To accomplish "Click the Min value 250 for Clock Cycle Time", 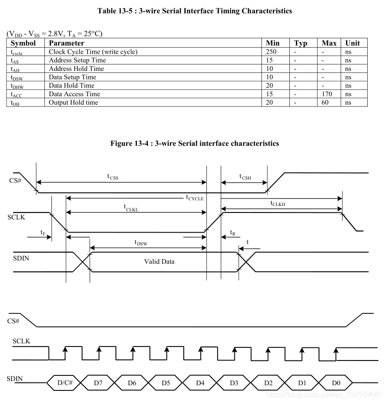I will (271, 52).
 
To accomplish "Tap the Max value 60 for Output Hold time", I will (325, 102).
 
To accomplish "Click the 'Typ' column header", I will (301, 43).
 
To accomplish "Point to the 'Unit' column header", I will (352, 43).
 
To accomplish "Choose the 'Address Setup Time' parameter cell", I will (77, 60).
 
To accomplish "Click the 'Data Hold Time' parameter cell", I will (71, 85).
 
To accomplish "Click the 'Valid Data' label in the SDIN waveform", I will (159, 262).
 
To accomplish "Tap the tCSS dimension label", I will (112, 177).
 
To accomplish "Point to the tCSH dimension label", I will (245, 177).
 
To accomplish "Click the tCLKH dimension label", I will (278, 203).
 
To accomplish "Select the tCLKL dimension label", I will (131, 207).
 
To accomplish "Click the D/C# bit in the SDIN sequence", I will (65, 383).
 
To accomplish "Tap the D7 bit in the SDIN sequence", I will (98, 383).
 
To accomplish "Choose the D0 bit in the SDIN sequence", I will (336, 383).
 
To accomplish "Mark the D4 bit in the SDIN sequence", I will (200, 383).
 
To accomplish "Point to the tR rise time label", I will (233, 233).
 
